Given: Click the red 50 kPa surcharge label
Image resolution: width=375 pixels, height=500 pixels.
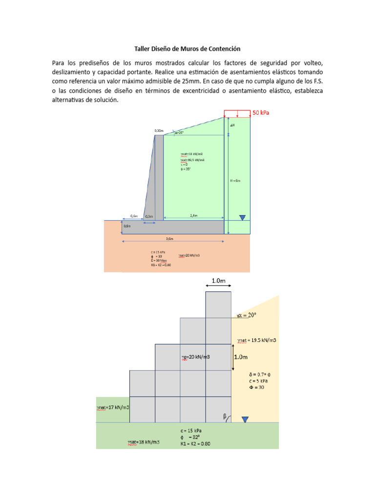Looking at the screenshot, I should click(261, 113).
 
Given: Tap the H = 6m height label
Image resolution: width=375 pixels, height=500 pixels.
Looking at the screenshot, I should click(235, 180).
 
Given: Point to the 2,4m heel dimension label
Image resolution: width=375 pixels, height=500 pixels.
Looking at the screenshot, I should click(193, 215).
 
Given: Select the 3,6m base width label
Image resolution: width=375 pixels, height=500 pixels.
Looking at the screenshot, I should click(170, 238).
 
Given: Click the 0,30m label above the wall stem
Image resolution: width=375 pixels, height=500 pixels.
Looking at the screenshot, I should click(159, 130).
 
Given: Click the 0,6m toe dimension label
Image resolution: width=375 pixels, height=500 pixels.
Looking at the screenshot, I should click(134, 215).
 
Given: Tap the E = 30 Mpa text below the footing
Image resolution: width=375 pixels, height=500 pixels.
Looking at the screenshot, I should click(159, 261).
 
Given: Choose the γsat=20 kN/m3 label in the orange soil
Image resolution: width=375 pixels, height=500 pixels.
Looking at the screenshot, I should click(189, 255).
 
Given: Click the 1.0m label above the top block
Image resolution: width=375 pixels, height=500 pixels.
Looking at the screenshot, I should click(218, 281).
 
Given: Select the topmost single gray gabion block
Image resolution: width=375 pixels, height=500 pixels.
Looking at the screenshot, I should click(218, 304).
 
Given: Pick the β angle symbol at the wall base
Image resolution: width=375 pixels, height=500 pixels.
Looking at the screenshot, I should click(225, 417).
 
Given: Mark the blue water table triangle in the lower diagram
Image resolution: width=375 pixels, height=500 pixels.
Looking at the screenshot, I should click(245, 419).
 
